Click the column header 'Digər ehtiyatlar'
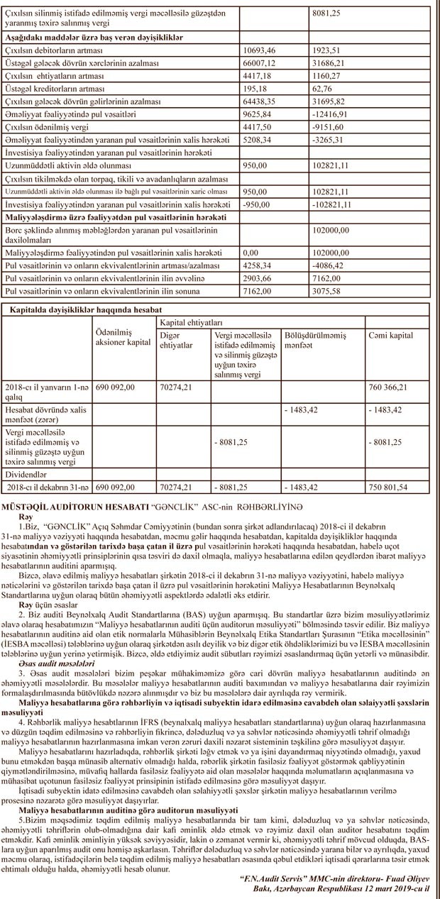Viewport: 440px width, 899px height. coord(175,339)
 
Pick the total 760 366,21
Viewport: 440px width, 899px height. coord(397,388)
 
